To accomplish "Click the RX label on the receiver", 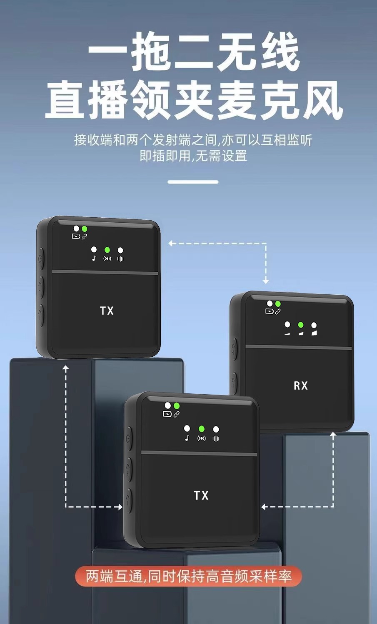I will (300, 386).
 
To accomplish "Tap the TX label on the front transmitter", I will (201, 495).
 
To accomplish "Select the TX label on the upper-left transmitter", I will (107, 311).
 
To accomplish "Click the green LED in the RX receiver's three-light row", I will (301, 325).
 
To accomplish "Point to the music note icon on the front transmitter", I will (187, 438).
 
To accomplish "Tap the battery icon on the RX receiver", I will (269, 311).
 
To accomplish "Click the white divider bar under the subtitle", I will (193, 182).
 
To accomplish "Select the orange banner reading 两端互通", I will (188, 577).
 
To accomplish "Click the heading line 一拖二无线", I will (193, 53).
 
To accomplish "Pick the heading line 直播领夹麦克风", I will (193, 100).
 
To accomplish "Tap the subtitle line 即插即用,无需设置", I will (193, 156).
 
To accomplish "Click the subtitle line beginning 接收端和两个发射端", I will (193, 140).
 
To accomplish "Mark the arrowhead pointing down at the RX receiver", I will (266, 281).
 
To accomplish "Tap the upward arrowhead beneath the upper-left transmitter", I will (65, 367).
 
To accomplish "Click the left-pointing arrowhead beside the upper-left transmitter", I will (171, 243).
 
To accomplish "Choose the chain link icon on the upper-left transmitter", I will (84, 236).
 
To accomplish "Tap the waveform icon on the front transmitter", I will (216, 438).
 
